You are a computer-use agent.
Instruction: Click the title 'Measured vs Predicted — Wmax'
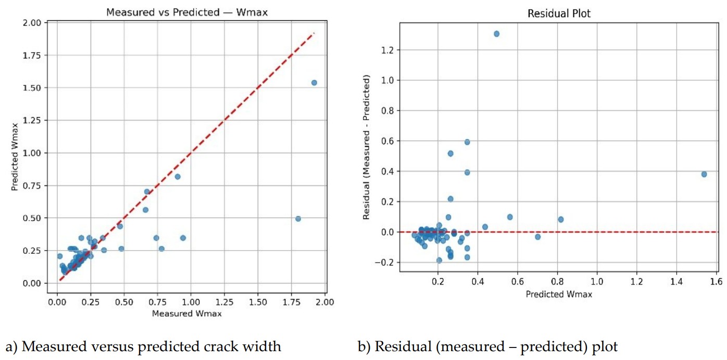click(x=187, y=12)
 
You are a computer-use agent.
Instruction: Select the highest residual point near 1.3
click(x=496, y=34)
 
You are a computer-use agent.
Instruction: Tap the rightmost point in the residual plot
click(x=704, y=174)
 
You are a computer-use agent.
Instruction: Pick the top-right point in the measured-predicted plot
click(x=314, y=83)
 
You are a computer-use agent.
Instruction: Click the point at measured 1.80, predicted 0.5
click(x=298, y=219)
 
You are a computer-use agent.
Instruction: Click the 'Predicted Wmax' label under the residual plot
click(x=558, y=294)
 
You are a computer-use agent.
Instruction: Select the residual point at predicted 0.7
click(x=537, y=237)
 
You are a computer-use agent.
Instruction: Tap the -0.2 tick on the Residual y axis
click(x=386, y=263)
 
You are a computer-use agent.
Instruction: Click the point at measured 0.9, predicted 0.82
click(x=178, y=177)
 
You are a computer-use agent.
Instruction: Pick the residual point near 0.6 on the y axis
click(x=467, y=142)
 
